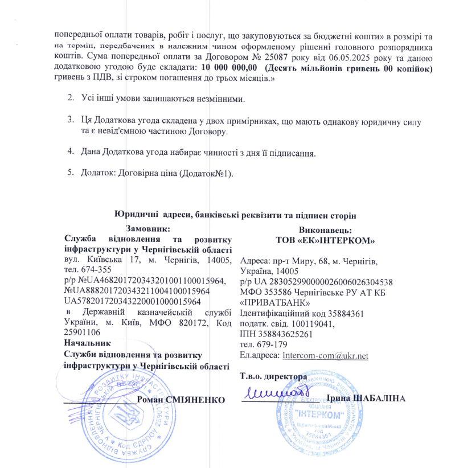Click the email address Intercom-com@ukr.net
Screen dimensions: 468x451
[325, 355]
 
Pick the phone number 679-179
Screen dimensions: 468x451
[270, 344]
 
